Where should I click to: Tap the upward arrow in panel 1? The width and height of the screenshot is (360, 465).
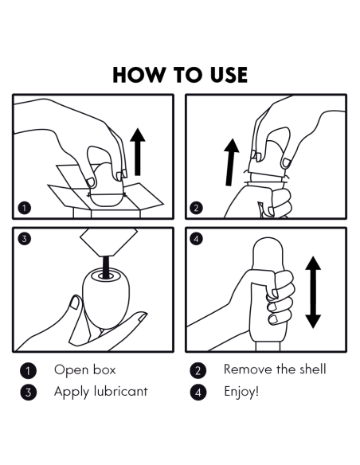pos(138,152)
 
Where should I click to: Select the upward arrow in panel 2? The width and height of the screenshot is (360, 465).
pos(230,162)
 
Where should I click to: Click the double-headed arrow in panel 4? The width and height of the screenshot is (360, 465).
pos(313,292)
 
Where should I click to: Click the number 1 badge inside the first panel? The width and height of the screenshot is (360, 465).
pos(25,208)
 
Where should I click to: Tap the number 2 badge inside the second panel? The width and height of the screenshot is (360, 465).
pos(196,208)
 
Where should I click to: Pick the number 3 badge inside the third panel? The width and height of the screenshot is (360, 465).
pos(25,239)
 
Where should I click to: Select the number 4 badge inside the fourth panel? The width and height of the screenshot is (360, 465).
pos(196,239)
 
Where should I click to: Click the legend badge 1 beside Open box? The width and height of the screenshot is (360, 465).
pos(28,371)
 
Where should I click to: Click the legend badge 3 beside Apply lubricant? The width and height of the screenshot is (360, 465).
pos(28,393)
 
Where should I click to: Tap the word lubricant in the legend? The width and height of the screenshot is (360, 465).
pos(120,392)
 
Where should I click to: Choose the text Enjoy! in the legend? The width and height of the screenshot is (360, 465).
pos(241,392)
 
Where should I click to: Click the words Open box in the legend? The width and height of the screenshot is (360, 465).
pos(84,369)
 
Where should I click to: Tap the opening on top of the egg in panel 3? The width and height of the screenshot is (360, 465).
pos(106,275)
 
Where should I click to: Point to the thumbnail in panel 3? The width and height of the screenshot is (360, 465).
pos(74,303)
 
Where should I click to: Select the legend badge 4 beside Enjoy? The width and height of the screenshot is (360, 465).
pos(198,393)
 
